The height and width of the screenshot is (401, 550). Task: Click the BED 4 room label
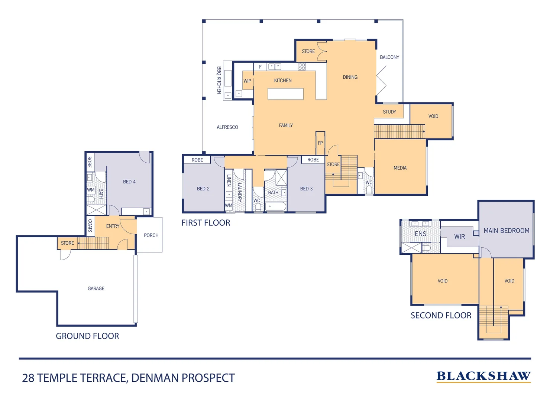coord(129,182)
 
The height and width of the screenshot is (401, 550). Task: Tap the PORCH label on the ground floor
coord(151,235)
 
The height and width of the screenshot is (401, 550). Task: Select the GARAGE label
coord(96,288)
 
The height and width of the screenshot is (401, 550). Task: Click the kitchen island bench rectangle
coord(285,94)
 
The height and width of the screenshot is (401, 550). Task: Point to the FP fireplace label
coord(320,143)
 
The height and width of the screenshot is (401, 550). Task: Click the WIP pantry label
coord(247,81)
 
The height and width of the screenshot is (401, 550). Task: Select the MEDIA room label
coord(400,168)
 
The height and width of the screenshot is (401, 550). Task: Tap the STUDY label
coord(389,112)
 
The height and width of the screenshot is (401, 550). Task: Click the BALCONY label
coord(389,57)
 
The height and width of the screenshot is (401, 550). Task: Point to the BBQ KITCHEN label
coord(219,80)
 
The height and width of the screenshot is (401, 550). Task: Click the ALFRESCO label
coord(227,127)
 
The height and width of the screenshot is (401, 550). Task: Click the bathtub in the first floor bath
coord(276,206)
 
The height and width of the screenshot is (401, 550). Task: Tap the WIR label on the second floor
coord(459,237)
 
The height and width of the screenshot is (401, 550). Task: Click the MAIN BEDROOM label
coord(506,231)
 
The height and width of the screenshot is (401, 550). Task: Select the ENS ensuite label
coord(420,234)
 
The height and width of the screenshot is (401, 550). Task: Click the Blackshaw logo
coord(483,376)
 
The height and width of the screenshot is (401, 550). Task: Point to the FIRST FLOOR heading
coord(206,223)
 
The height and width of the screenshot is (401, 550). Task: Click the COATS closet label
coord(90,225)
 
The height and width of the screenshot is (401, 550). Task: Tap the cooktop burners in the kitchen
coord(301,66)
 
